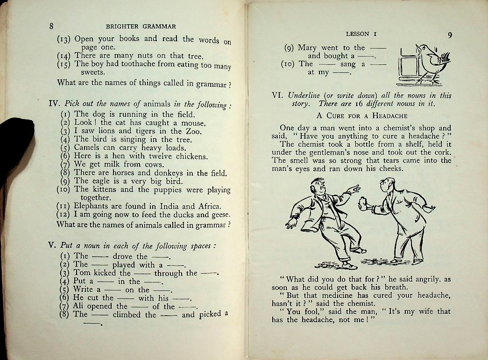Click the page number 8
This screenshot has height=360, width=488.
point(52,26)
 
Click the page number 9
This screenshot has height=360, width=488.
point(449,35)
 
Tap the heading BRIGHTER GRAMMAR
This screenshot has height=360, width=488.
point(141,27)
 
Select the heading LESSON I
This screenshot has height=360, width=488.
point(357,34)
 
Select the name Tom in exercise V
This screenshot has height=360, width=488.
point(82,273)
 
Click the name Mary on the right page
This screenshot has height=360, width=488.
point(307,48)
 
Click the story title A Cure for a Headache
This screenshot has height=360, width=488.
point(361,115)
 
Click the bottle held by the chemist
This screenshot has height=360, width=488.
point(361,204)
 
